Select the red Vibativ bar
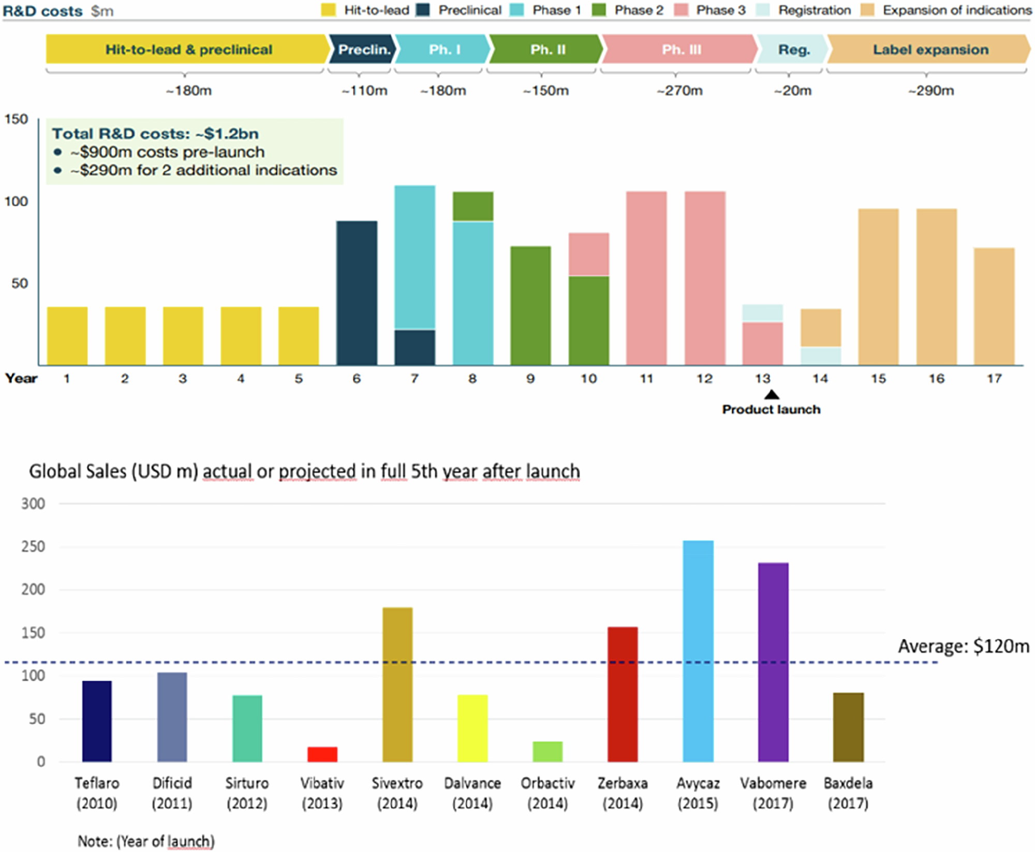pyautogui.click(x=322, y=754)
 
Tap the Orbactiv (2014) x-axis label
pyautogui.click(x=548, y=793)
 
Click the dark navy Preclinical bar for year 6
pyautogui.click(x=357, y=293)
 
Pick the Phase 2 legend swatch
pyautogui.click(x=599, y=10)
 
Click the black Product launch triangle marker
pyautogui.click(x=772, y=395)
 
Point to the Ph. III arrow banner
pyautogui.click(x=680, y=49)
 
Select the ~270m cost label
pyautogui.click(x=679, y=91)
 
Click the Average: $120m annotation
pyautogui.click(x=963, y=646)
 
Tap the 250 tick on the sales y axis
pyautogui.click(x=33, y=547)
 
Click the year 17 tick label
pyautogui.click(x=994, y=379)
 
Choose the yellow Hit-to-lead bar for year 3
pyautogui.click(x=183, y=336)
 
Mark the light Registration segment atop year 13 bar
pyautogui.click(x=762, y=313)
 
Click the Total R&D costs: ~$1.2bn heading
pyautogui.click(x=155, y=133)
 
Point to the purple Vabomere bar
pyautogui.click(x=773, y=662)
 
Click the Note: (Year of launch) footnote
pyautogui.click(x=146, y=841)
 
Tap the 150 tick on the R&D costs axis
pyautogui.click(x=16, y=119)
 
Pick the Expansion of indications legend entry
pyautogui.click(x=947, y=10)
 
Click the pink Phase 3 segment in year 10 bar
pyautogui.click(x=588, y=254)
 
